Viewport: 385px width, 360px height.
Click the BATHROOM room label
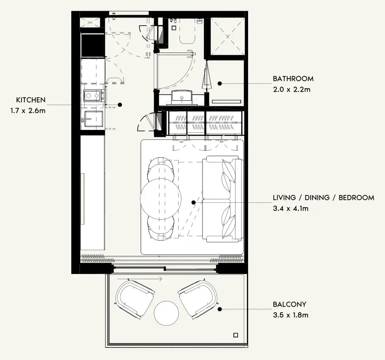[293, 79]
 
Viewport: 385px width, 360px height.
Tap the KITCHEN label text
[31, 100]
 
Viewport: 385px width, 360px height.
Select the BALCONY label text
[290, 304]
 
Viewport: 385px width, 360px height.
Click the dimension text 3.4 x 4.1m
[291, 208]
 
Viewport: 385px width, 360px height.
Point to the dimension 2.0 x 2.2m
[292, 89]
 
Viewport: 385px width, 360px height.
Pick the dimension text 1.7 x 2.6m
[28, 110]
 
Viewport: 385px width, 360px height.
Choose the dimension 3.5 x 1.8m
[291, 315]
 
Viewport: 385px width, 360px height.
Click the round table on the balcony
[166, 313]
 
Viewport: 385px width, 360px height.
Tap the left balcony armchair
[135, 299]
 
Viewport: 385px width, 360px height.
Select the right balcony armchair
[198, 299]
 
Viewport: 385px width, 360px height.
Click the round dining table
[161, 199]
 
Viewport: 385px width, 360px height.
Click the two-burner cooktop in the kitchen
[92, 96]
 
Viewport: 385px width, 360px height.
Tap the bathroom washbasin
[182, 96]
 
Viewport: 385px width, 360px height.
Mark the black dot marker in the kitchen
[120, 105]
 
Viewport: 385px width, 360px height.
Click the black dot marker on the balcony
[220, 309]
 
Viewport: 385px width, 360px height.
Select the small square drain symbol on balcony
[236, 335]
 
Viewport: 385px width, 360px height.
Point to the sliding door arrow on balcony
[140, 279]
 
